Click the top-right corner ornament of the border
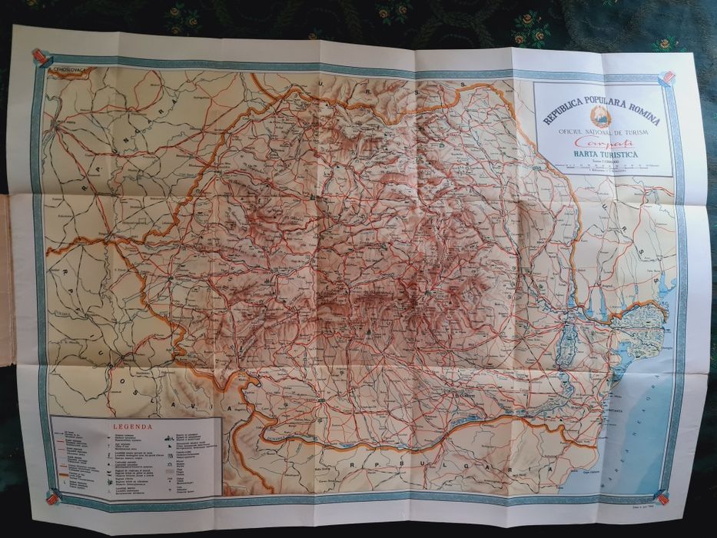pos(668,78)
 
